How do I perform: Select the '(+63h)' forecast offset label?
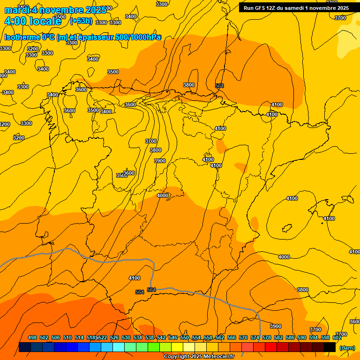point(81,21)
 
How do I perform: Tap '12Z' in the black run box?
point(272,8)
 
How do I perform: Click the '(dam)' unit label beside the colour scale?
point(347,348)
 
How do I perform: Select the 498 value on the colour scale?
point(32,337)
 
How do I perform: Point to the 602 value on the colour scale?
point(337,337)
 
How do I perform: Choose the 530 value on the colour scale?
point(126,337)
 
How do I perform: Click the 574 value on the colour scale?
point(255,337)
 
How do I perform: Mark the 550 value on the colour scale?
point(185,337)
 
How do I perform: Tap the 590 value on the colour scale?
point(302,337)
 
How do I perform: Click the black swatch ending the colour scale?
point(330,347)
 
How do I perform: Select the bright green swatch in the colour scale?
point(153,347)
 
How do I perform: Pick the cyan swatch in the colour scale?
point(118,347)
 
